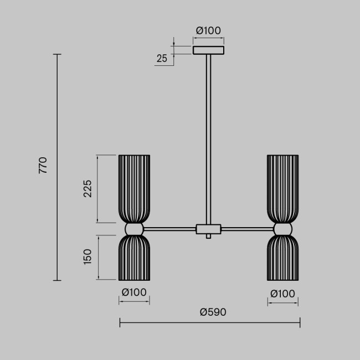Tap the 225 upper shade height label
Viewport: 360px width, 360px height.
coord(88,190)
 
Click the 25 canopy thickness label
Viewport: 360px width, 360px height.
coord(162,59)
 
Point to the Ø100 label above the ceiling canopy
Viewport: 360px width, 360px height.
coord(208,30)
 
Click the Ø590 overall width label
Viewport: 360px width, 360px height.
coord(213,312)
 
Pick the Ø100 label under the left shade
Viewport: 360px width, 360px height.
coord(134,293)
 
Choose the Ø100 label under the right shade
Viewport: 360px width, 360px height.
coord(282,293)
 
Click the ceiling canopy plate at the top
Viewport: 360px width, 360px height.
coord(209,50)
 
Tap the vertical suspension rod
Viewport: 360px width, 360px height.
coord(209,138)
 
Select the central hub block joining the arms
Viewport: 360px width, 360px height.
coord(209,228)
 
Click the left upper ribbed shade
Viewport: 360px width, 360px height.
coord(134,188)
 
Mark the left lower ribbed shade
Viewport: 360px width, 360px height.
coord(134,258)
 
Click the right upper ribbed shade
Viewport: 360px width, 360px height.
coord(282,188)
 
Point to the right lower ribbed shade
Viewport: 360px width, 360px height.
coord(282,258)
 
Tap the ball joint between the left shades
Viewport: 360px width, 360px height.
coord(134,229)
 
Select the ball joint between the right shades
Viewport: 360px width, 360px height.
coord(282,229)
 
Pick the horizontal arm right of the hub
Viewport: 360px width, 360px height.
coord(247,228)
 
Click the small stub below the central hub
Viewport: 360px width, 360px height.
coord(209,236)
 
